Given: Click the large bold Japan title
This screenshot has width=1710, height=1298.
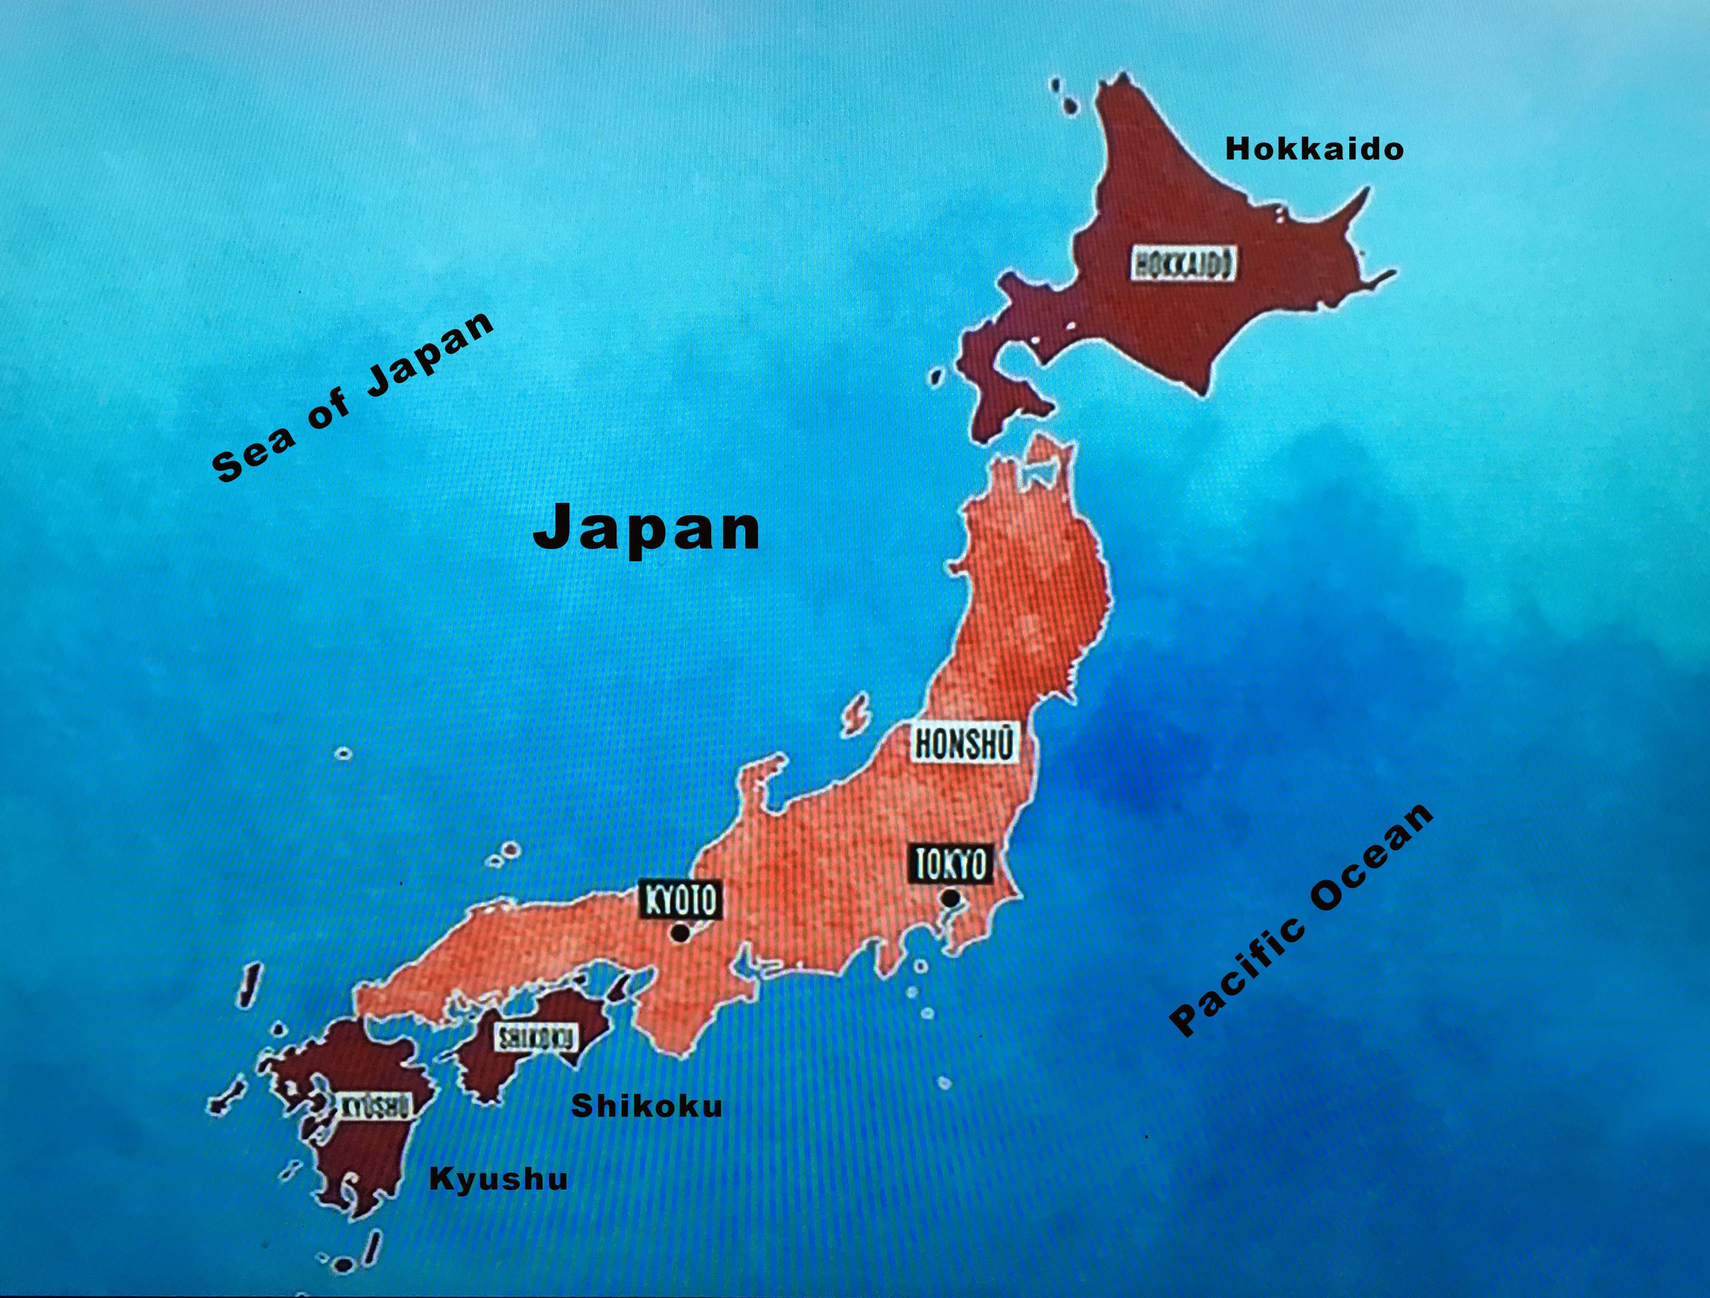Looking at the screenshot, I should pyautogui.click(x=646, y=527).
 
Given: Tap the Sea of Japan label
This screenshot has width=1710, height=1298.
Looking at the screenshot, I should pyautogui.click(x=353, y=398).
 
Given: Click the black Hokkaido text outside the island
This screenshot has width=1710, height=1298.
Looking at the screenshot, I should pyautogui.click(x=1314, y=148).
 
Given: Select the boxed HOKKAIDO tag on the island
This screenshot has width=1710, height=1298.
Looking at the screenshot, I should pyautogui.click(x=1183, y=264).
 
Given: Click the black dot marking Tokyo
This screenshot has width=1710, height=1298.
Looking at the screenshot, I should pyautogui.click(x=950, y=898).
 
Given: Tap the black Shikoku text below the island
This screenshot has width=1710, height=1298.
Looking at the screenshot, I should pyautogui.click(x=646, y=1106).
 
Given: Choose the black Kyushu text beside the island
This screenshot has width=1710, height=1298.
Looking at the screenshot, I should pyautogui.click(x=498, y=1179).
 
